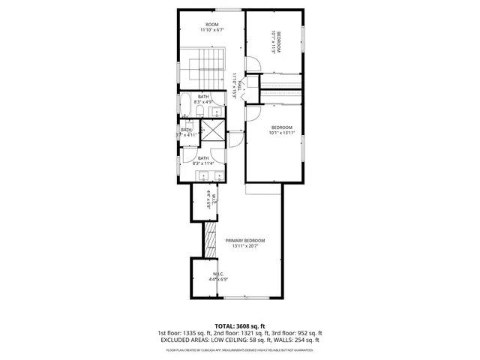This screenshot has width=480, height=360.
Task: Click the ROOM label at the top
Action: coord(211,25)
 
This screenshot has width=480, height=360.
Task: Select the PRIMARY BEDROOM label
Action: coord(245,240)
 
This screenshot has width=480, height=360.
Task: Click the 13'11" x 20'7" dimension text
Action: coord(245,246)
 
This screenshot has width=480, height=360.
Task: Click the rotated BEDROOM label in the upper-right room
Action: coord(278,44)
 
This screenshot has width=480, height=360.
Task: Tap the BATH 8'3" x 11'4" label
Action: coord(203,160)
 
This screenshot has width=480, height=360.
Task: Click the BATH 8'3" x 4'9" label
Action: coord(203,99)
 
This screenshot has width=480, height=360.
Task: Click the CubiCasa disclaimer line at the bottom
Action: coord(239,349)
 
